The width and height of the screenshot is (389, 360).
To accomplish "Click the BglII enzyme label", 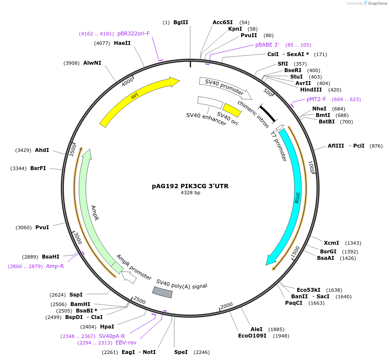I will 181,22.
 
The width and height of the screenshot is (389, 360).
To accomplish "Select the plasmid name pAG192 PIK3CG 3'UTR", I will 190,186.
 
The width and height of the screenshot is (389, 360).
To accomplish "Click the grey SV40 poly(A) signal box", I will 163,292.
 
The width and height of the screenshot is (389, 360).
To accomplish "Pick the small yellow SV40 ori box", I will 232,110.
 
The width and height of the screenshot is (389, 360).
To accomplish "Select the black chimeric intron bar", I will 267,113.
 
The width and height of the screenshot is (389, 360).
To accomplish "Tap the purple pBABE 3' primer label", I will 267,45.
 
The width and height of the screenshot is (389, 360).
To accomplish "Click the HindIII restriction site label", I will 311,90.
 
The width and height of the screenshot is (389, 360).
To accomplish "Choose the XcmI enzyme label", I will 331,243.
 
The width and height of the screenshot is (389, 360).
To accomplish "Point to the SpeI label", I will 181,352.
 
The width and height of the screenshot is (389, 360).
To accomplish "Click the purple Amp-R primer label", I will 55,266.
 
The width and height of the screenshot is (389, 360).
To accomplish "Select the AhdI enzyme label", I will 42,150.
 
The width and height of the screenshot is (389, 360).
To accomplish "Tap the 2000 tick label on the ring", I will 226,306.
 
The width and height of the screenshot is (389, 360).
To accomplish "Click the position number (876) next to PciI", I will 376,146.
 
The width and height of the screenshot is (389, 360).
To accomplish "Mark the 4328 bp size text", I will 190,193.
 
